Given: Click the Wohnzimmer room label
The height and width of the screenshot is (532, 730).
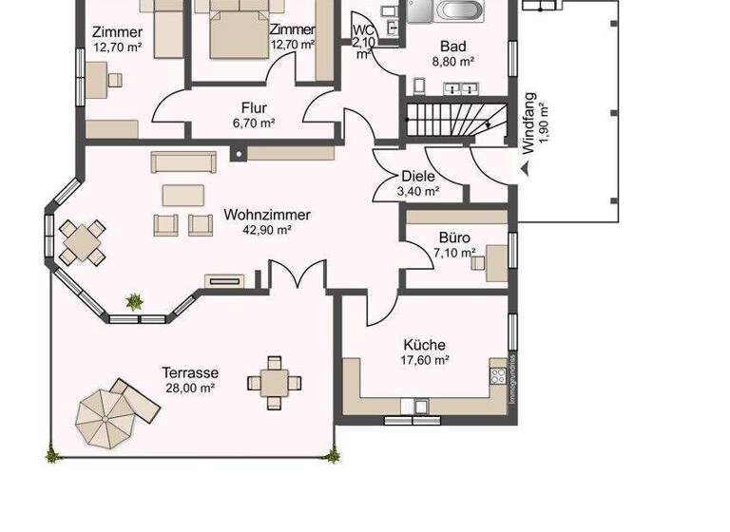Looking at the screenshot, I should (x=267, y=215).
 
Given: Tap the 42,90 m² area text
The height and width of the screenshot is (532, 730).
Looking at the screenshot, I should (x=267, y=229).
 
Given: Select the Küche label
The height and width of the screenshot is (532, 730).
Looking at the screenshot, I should (x=424, y=345).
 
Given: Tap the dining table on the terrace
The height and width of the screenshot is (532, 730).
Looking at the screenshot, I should (x=275, y=383).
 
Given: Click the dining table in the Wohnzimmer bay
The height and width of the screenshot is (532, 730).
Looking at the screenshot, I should (x=83, y=241).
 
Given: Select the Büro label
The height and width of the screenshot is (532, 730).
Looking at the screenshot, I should (x=454, y=237).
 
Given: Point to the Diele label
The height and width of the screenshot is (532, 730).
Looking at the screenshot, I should (x=418, y=176).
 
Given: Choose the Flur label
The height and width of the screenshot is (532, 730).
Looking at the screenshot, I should (x=254, y=108).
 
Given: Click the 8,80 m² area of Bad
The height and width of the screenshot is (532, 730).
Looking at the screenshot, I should (x=453, y=62).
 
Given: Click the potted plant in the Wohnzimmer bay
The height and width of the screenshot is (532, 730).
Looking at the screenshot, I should (x=135, y=302).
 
